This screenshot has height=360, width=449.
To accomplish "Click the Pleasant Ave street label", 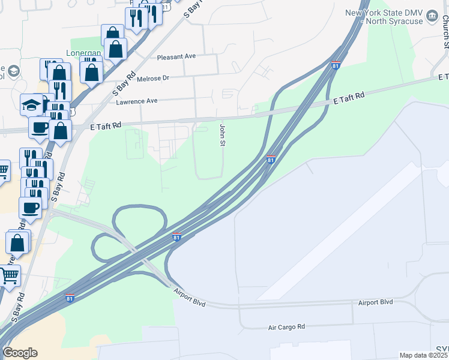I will (x=176, y=56).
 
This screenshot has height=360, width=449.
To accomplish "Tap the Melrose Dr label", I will (x=154, y=78).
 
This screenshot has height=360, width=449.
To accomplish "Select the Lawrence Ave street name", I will (x=137, y=101).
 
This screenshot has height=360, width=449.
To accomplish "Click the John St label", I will (x=222, y=136).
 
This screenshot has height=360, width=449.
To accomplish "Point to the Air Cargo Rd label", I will (x=286, y=327).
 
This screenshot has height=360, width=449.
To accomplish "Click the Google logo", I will (x=20, y=353).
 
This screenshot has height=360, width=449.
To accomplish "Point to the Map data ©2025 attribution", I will (x=423, y=355).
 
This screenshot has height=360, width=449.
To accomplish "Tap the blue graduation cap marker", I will (x=31, y=105).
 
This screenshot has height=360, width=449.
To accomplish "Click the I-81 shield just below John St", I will (x=271, y=160).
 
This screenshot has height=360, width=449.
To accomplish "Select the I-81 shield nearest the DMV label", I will (x=336, y=65).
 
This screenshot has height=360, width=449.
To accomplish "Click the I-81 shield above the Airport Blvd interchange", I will (x=176, y=237).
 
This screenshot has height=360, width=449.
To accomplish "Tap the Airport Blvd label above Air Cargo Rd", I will (x=375, y=302).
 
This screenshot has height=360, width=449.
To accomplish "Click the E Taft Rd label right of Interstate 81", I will (x=350, y=96).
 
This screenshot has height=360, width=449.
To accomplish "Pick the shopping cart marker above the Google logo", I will (x=10, y=275).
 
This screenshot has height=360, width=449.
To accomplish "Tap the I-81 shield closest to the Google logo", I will (x=70, y=298).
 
